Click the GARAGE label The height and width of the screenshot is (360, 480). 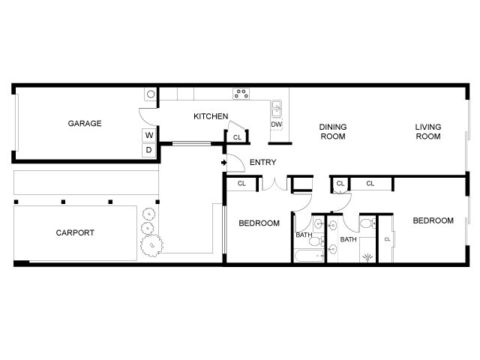[85, 124]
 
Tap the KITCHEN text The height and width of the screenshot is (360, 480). [211, 116]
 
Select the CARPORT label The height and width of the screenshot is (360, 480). [75, 232]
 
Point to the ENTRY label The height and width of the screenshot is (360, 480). [262, 162]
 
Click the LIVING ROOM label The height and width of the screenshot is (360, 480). [428, 131]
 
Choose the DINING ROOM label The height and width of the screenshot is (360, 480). [332, 131]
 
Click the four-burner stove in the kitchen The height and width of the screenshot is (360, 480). [241, 94]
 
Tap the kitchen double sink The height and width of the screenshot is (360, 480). [276, 107]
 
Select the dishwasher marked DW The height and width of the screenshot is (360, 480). [276, 124]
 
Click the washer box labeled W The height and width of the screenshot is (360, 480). [148, 135]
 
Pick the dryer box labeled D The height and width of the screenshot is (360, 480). [148, 149]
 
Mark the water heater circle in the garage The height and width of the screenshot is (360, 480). [150, 94]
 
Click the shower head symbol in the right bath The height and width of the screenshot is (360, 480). [367, 257]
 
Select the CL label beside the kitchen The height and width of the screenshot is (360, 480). [237, 137]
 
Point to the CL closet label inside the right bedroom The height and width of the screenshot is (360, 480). [387, 239]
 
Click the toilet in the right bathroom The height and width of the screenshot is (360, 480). [367, 223]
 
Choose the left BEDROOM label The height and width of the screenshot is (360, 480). [259, 223]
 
